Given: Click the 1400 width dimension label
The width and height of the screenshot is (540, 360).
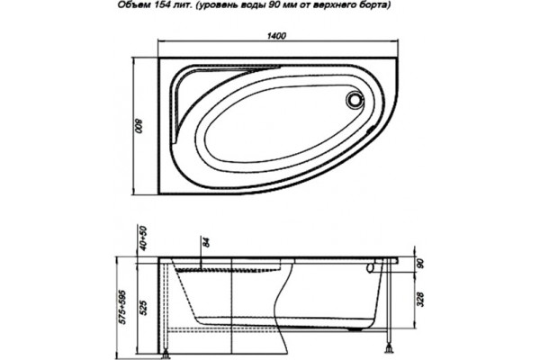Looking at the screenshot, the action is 276,36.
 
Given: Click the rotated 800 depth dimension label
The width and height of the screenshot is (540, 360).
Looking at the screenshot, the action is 138,126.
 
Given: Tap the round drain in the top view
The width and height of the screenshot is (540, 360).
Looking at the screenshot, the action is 354,99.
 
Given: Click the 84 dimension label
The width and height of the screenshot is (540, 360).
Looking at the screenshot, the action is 207,242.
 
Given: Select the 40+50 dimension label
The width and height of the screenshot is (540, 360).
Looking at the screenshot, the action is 144,238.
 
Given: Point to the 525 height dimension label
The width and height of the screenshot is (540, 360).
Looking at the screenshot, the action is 144,308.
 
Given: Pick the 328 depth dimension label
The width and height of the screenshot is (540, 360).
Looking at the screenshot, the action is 421,299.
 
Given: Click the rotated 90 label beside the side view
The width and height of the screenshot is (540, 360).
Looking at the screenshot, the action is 420,264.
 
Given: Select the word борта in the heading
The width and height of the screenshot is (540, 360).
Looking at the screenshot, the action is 376,6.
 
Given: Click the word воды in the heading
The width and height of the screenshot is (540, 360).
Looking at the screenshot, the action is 257,6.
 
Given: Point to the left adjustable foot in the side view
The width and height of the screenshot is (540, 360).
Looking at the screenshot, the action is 166,352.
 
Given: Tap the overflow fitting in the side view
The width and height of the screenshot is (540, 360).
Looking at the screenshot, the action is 372,266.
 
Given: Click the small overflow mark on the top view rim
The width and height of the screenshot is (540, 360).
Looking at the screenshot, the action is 371,130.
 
